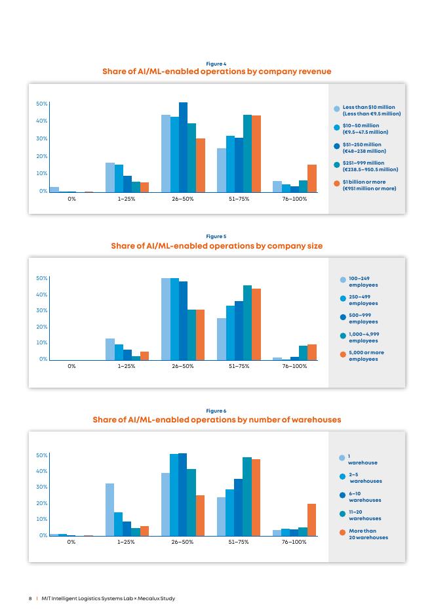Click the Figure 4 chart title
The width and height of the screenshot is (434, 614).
(216, 72)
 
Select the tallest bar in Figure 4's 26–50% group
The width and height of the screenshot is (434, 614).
(183, 147)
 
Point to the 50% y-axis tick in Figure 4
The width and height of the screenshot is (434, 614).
(41, 104)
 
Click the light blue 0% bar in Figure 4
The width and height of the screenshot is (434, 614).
(54, 189)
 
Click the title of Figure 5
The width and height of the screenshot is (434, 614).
(216, 246)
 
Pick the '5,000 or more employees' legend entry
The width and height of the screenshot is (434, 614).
(366, 356)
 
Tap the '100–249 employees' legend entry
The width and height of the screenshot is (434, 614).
(363, 282)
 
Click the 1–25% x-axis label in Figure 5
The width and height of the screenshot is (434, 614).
(127, 367)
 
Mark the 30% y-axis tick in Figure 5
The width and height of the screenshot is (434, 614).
(41, 310)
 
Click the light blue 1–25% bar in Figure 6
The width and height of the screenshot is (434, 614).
(109, 510)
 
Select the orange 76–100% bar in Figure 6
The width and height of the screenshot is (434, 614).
(312, 520)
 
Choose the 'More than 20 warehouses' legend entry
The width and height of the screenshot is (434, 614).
(367, 534)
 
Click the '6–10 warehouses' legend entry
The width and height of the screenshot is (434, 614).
(365, 497)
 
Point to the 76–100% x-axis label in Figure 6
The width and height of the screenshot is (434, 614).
(294, 542)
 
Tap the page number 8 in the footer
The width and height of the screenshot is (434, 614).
(30, 598)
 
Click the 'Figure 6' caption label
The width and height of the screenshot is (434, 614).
(216, 411)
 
